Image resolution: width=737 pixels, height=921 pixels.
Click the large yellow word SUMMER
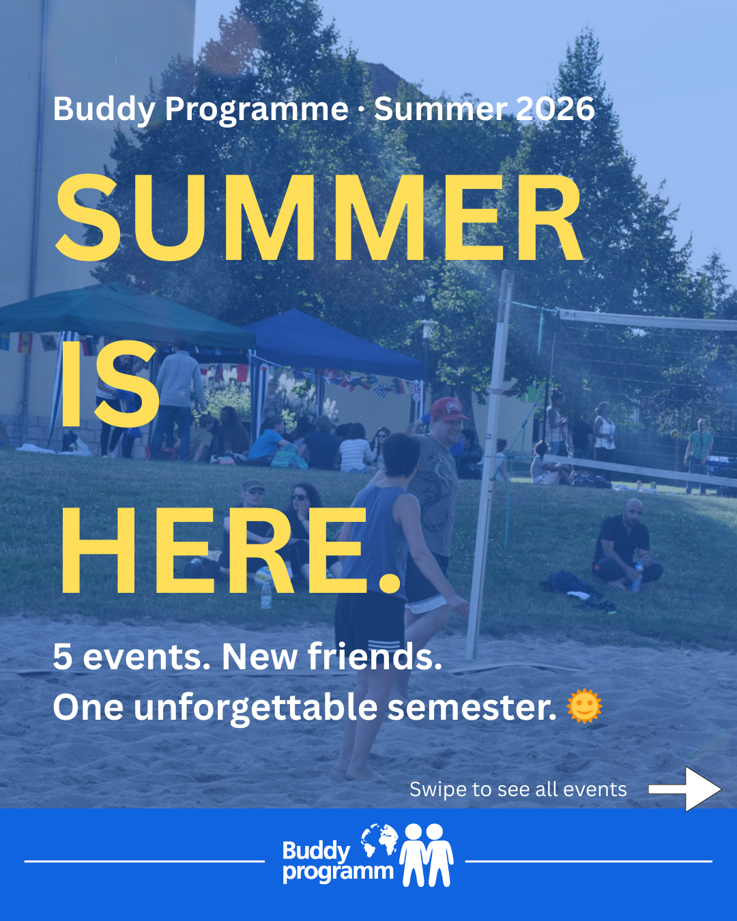[319, 218]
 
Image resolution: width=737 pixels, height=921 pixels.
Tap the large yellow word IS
[110, 384]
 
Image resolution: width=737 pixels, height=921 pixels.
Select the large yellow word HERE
[231, 550]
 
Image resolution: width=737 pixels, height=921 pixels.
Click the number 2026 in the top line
[555, 108]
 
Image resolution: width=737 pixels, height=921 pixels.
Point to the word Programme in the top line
[257, 111]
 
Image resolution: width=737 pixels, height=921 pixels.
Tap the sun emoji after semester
[584, 706]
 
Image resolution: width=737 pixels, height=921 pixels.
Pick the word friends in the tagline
[374, 656]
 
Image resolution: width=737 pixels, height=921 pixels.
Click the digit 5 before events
[63, 657]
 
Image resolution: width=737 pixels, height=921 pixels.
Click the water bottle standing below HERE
[266, 594]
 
